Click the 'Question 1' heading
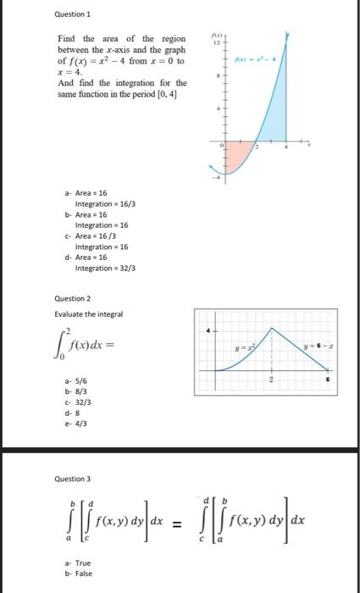tap(71, 14)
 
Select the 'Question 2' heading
tap(71, 298)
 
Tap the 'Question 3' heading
tap(71, 479)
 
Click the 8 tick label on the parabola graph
tap(218, 75)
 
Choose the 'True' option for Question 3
tap(78, 563)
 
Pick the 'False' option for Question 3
tap(79, 573)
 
